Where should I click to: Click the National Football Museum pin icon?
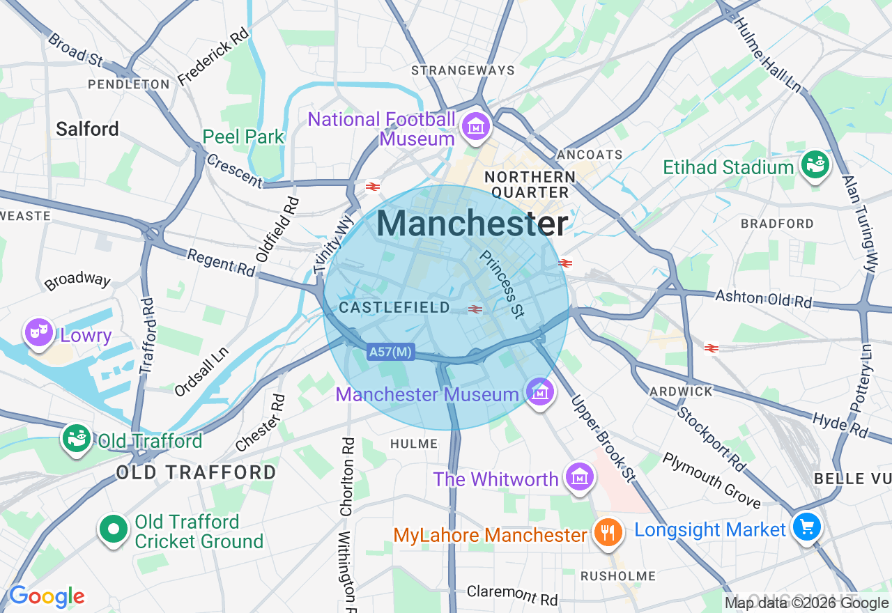tap(476, 127)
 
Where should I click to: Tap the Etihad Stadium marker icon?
tap(813, 166)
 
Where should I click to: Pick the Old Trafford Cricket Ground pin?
tap(113, 530)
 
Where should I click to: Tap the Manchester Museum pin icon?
tap(539, 393)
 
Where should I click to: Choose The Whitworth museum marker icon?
tap(579, 477)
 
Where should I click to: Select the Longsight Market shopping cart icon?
tap(807, 527)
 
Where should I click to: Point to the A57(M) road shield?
tap(390, 352)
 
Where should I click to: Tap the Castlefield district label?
tap(394, 308)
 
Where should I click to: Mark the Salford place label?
tap(87, 129)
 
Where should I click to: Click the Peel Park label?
tap(243, 137)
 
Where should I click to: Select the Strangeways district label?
tap(463, 70)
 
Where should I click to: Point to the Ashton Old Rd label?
tap(764, 299)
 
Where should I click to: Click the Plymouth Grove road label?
tap(712, 481)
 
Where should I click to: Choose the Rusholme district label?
tap(618, 576)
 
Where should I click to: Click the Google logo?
tap(47, 596)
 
